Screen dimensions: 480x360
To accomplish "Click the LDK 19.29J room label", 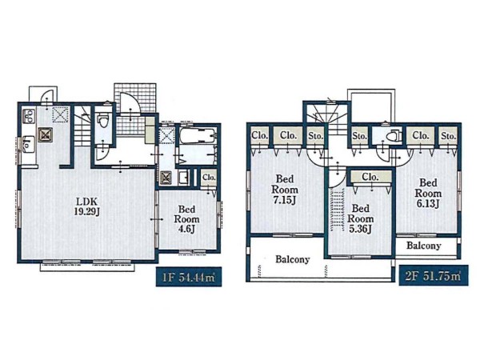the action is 86,206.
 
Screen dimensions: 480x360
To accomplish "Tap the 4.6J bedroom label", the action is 186,219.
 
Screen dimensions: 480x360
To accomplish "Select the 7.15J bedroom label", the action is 285,190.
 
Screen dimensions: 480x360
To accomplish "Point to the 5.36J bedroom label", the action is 360,219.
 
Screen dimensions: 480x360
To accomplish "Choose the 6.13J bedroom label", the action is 428,193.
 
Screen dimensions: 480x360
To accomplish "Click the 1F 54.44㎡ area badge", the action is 189,277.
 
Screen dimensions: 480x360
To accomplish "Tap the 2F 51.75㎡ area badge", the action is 434,275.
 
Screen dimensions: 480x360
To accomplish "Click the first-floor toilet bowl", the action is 103,121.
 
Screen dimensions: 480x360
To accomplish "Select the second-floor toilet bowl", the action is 394,136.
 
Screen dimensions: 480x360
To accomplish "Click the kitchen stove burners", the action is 29,116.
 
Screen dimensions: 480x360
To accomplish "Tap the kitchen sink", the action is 29,144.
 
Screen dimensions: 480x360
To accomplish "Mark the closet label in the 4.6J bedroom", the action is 209,178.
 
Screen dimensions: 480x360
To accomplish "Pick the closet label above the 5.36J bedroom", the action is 370,177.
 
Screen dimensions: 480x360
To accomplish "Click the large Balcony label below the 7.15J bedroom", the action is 292,259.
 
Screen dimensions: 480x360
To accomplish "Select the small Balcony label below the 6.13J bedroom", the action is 424,246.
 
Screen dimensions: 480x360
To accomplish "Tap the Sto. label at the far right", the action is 449,136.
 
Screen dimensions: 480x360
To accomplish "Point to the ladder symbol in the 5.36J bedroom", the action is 336,208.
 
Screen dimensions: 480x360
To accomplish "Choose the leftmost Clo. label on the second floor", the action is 259,135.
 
